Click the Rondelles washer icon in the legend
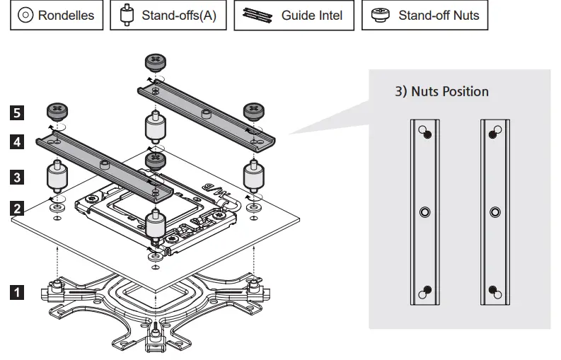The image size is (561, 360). click(x=25, y=16)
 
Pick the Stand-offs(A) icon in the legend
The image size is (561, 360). click(x=127, y=16)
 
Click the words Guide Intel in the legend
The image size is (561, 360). click(x=311, y=16)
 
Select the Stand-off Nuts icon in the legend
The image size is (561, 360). click(x=381, y=16)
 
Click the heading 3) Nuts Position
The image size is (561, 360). click(x=441, y=91)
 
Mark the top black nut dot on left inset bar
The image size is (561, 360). click(x=428, y=135)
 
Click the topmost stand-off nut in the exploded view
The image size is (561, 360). click(x=155, y=61)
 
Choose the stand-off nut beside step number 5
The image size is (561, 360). click(x=57, y=110)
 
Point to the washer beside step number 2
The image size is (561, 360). click(x=57, y=209)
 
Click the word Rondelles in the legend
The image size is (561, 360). click(x=66, y=16)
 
